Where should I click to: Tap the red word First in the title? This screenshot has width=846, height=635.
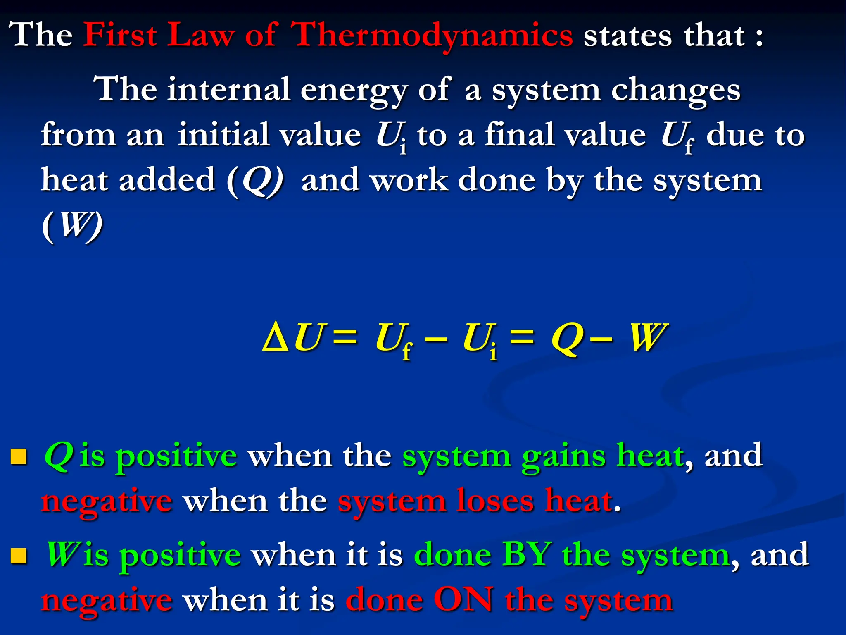120,35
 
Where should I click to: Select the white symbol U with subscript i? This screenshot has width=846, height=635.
391,136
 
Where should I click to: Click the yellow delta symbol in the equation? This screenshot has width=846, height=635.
276,338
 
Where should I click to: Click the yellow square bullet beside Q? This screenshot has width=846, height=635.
19,457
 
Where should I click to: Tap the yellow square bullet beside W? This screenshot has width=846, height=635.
19,556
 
